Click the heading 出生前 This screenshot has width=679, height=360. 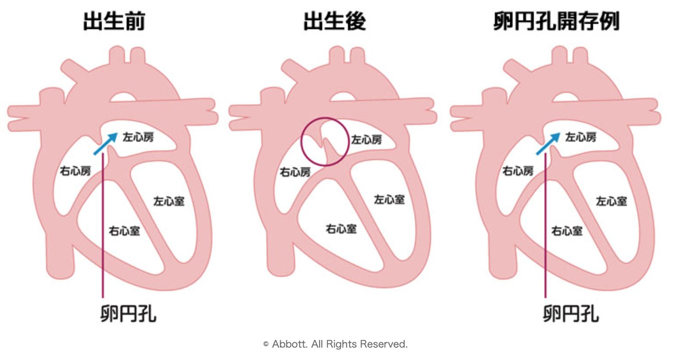point(114,22)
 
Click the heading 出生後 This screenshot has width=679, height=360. point(334,22)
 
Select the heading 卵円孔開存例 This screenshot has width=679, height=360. point(557,22)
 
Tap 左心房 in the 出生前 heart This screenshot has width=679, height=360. point(138,137)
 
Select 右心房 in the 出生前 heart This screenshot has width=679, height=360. point(75,171)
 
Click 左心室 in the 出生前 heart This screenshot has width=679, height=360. point(169,200)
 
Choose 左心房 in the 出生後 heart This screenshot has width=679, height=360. point(366,139)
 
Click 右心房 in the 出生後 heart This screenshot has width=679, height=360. point(295,172)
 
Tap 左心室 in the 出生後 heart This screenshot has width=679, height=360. point(389,199)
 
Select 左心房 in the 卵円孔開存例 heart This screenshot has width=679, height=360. point(580,137)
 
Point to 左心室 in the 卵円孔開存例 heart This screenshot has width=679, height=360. point(611,200)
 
